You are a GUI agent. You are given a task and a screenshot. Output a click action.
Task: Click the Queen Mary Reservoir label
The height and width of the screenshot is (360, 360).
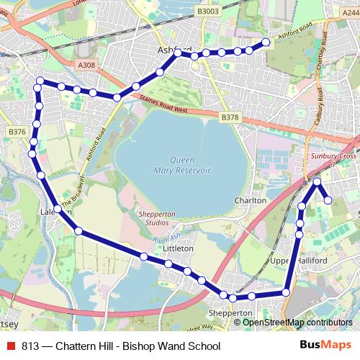(181, 165)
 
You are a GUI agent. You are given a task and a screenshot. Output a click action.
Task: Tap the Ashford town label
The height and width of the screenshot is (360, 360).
(174, 50)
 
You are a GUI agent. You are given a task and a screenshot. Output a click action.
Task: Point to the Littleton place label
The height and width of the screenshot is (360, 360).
(179, 248)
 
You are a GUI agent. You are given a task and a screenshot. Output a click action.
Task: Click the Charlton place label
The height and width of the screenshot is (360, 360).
(251, 200)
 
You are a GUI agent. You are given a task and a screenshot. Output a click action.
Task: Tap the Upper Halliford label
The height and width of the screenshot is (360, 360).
(288, 260)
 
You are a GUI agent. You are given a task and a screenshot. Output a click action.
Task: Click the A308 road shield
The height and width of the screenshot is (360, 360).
(86, 65)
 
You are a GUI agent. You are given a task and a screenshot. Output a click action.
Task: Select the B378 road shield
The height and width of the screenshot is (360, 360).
(230, 117)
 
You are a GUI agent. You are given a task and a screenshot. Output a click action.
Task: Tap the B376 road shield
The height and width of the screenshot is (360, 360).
(17, 132)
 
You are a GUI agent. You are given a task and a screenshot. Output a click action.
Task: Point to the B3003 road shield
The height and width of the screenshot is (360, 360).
(207, 12)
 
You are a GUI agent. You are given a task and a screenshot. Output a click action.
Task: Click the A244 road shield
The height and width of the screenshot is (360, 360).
(350, 24)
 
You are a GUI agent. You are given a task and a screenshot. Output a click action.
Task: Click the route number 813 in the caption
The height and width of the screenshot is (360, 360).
(30, 346)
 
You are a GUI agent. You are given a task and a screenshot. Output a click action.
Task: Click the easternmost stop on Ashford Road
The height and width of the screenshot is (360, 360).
(265, 42)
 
